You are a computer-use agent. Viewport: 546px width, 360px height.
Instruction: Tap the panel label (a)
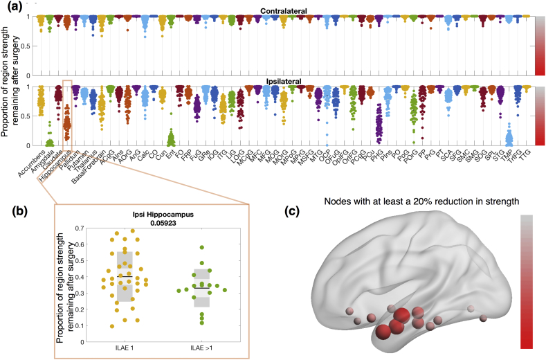12,6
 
